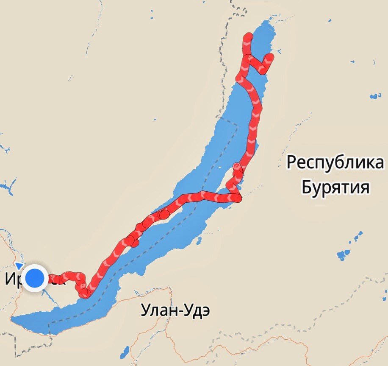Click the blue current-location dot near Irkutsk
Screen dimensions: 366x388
tap(35, 278)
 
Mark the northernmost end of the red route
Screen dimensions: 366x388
tap(248, 37)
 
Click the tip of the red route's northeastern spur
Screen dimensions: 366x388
tap(270, 56)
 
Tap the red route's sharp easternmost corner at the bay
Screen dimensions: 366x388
tap(240, 198)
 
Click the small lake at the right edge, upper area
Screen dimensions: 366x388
tap(375, 96)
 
